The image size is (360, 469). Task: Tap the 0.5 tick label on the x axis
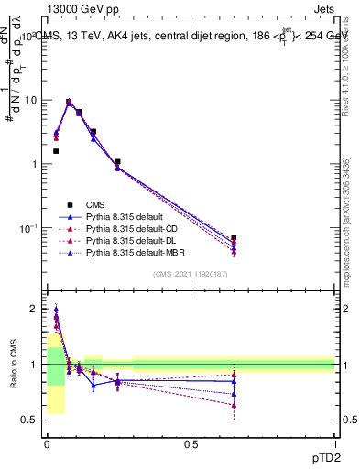(x=191, y=444)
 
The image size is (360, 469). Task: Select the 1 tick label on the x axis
(x=334, y=444)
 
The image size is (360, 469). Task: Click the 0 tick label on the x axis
(x=47, y=444)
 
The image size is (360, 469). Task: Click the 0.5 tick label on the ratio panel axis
(x=32, y=420)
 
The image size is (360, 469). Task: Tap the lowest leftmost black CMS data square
(x=56, y=151)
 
